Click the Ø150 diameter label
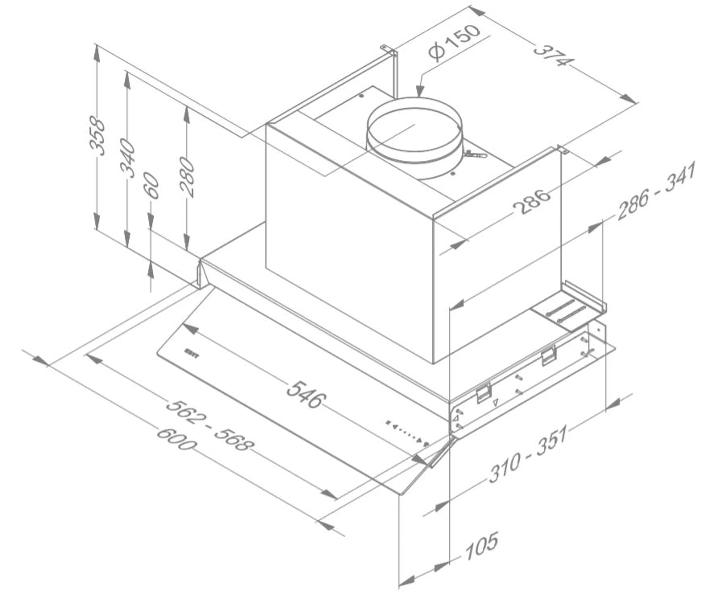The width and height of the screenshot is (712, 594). [x=454, y=44]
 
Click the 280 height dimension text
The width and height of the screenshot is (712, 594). [x=187, y=177]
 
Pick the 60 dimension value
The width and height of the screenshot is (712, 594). [x=152, y=186]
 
